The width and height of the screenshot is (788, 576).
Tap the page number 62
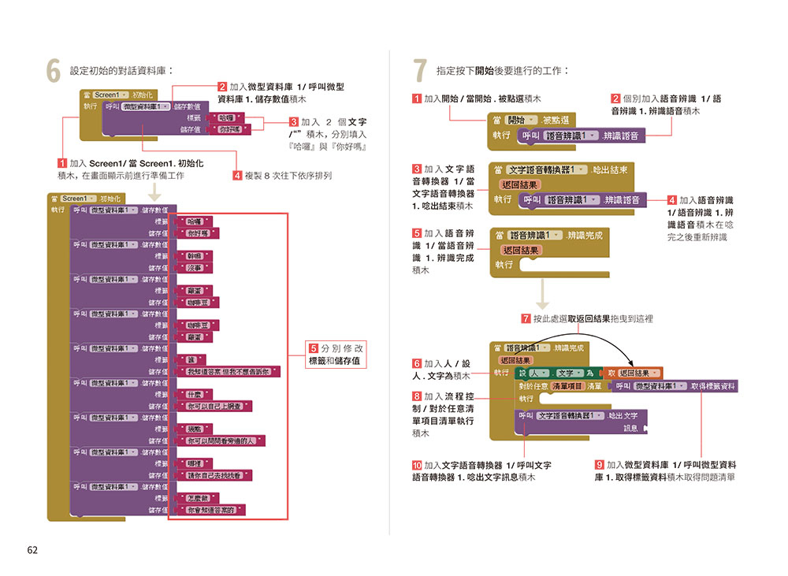pyautogui.click(x=32, y=550)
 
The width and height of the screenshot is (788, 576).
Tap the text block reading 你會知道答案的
pyautogui.click(x=214, y=510)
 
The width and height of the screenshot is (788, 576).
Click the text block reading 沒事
pyautogui.click(x=194, y=268)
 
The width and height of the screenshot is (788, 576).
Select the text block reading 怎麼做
pyautogui.click(x=198, y=498)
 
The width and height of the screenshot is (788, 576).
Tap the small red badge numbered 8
pyautogui.click(x=417, y=396)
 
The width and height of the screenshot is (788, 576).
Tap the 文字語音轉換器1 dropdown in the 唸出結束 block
pyautogui.click(x=547, y=169)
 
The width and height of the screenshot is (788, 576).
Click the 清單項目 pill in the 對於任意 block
pyautogui.click(x=567, y=386)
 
